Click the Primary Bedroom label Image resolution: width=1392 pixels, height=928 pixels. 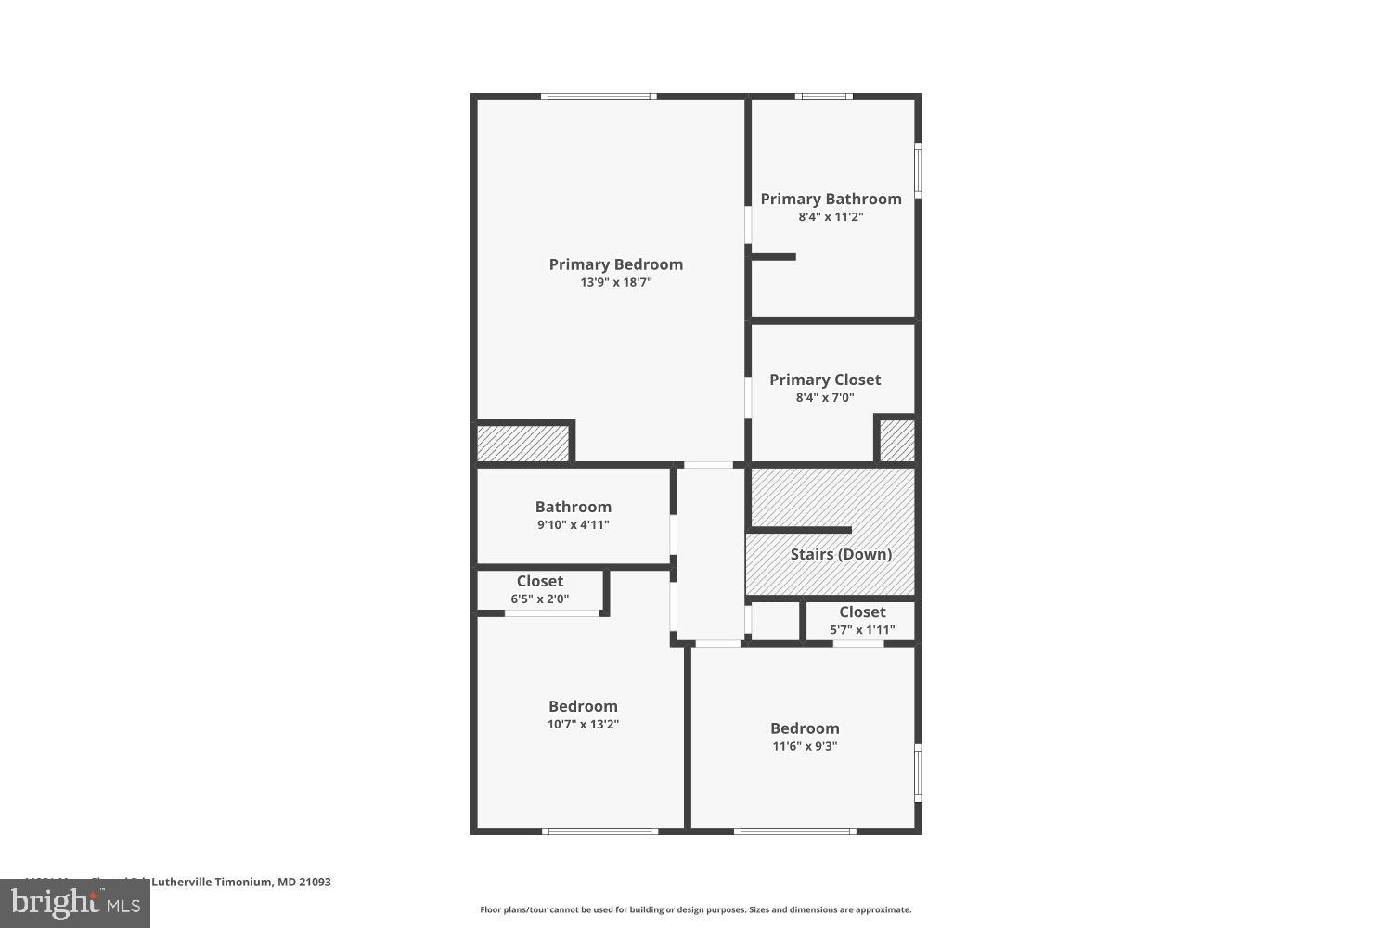[x=615, y=264]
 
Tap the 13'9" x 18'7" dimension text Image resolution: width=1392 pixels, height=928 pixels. [x=616, y=282]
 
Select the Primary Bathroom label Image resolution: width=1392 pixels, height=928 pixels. [x=831, y=199]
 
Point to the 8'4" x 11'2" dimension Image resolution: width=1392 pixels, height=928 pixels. [x=831, y=216]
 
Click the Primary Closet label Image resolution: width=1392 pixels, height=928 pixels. [x=825, y=380]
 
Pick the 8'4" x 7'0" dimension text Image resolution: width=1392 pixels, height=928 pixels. [x=825, y=397]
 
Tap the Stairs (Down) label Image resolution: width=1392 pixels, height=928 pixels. [x=841, y=554]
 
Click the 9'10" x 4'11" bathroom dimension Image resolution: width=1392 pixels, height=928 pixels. [x=573, y=524]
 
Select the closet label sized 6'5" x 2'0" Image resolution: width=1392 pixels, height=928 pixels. [x=539, y=581]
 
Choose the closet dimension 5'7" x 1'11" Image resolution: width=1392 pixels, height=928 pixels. [x=862, y=629]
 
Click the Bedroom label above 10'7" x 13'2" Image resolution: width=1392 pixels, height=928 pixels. [x=583, y=706]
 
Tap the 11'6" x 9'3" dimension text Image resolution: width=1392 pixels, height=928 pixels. [x=805, y=746]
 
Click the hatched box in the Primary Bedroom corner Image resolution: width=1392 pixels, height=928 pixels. [x=522, y=443]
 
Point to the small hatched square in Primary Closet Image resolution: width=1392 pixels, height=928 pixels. [x=896, y=441]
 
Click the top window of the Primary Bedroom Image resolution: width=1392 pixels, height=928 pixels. [x=599, y=96]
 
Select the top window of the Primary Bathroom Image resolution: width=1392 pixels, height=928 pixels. [x=823, y=96]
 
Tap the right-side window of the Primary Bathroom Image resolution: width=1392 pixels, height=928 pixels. [x=918, y=170]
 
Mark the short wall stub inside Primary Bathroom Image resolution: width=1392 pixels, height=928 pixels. [x=773, y=257]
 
